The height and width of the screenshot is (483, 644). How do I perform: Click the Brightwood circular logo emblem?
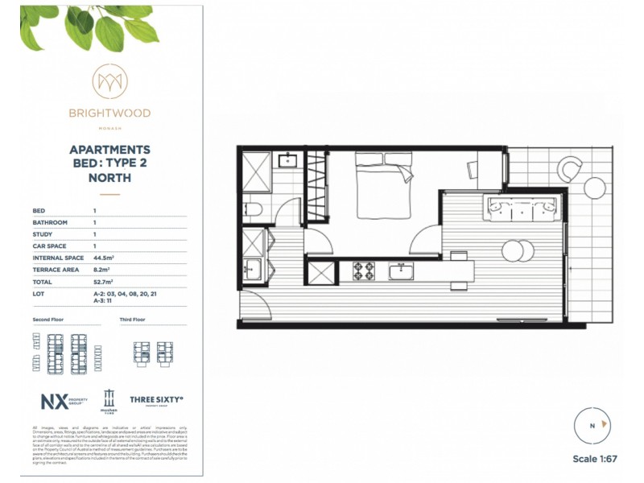109,81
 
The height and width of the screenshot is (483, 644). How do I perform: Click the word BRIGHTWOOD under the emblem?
109,114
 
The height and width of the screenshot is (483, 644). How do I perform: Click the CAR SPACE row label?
50,246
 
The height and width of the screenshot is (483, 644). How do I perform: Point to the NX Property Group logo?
62,400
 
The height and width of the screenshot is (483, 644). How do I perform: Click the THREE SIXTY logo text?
156,398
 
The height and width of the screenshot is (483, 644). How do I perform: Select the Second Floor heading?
48,320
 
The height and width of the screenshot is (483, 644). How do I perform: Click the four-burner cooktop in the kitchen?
364,270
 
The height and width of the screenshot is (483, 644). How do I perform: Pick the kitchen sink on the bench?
401,271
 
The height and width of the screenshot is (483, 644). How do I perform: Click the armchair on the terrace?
570,168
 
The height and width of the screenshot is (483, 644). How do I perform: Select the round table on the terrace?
595,188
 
